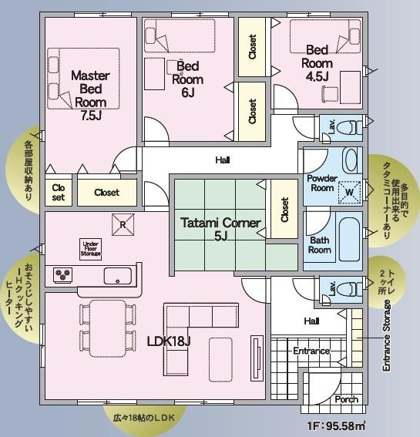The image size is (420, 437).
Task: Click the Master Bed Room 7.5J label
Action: [x=90, y=96]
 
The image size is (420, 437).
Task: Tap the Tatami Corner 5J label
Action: [x=220, y=229]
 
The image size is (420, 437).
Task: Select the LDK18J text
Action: [x=169, y=341]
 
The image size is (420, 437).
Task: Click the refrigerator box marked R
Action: [x=123, y=224]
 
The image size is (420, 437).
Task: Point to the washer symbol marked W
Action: [x=349, y=192]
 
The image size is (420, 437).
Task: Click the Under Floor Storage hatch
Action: [x=91, y=249]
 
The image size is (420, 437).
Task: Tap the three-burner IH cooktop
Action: [x=63, y=275]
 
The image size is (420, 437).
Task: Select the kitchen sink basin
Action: [x=118, y=276]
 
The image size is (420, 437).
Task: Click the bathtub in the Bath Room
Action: [x=349, y=240]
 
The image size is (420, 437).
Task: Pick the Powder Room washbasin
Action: [x=351, y=160]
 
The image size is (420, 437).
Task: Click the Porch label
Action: [x=347, y=399]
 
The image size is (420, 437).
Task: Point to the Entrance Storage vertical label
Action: [x=387, y=335]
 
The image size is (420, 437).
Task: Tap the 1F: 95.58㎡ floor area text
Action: [x=336, y=426]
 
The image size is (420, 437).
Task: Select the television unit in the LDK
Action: [x=257, y=358]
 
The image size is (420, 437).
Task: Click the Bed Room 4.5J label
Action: [x=318, y=63]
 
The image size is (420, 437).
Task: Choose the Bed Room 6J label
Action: [x=187, y=79]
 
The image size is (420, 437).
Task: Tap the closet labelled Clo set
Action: [x=59, y=193]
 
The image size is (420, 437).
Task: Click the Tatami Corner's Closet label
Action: [x=284, y=210]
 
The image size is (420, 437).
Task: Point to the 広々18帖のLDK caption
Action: [x=144, y=418]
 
